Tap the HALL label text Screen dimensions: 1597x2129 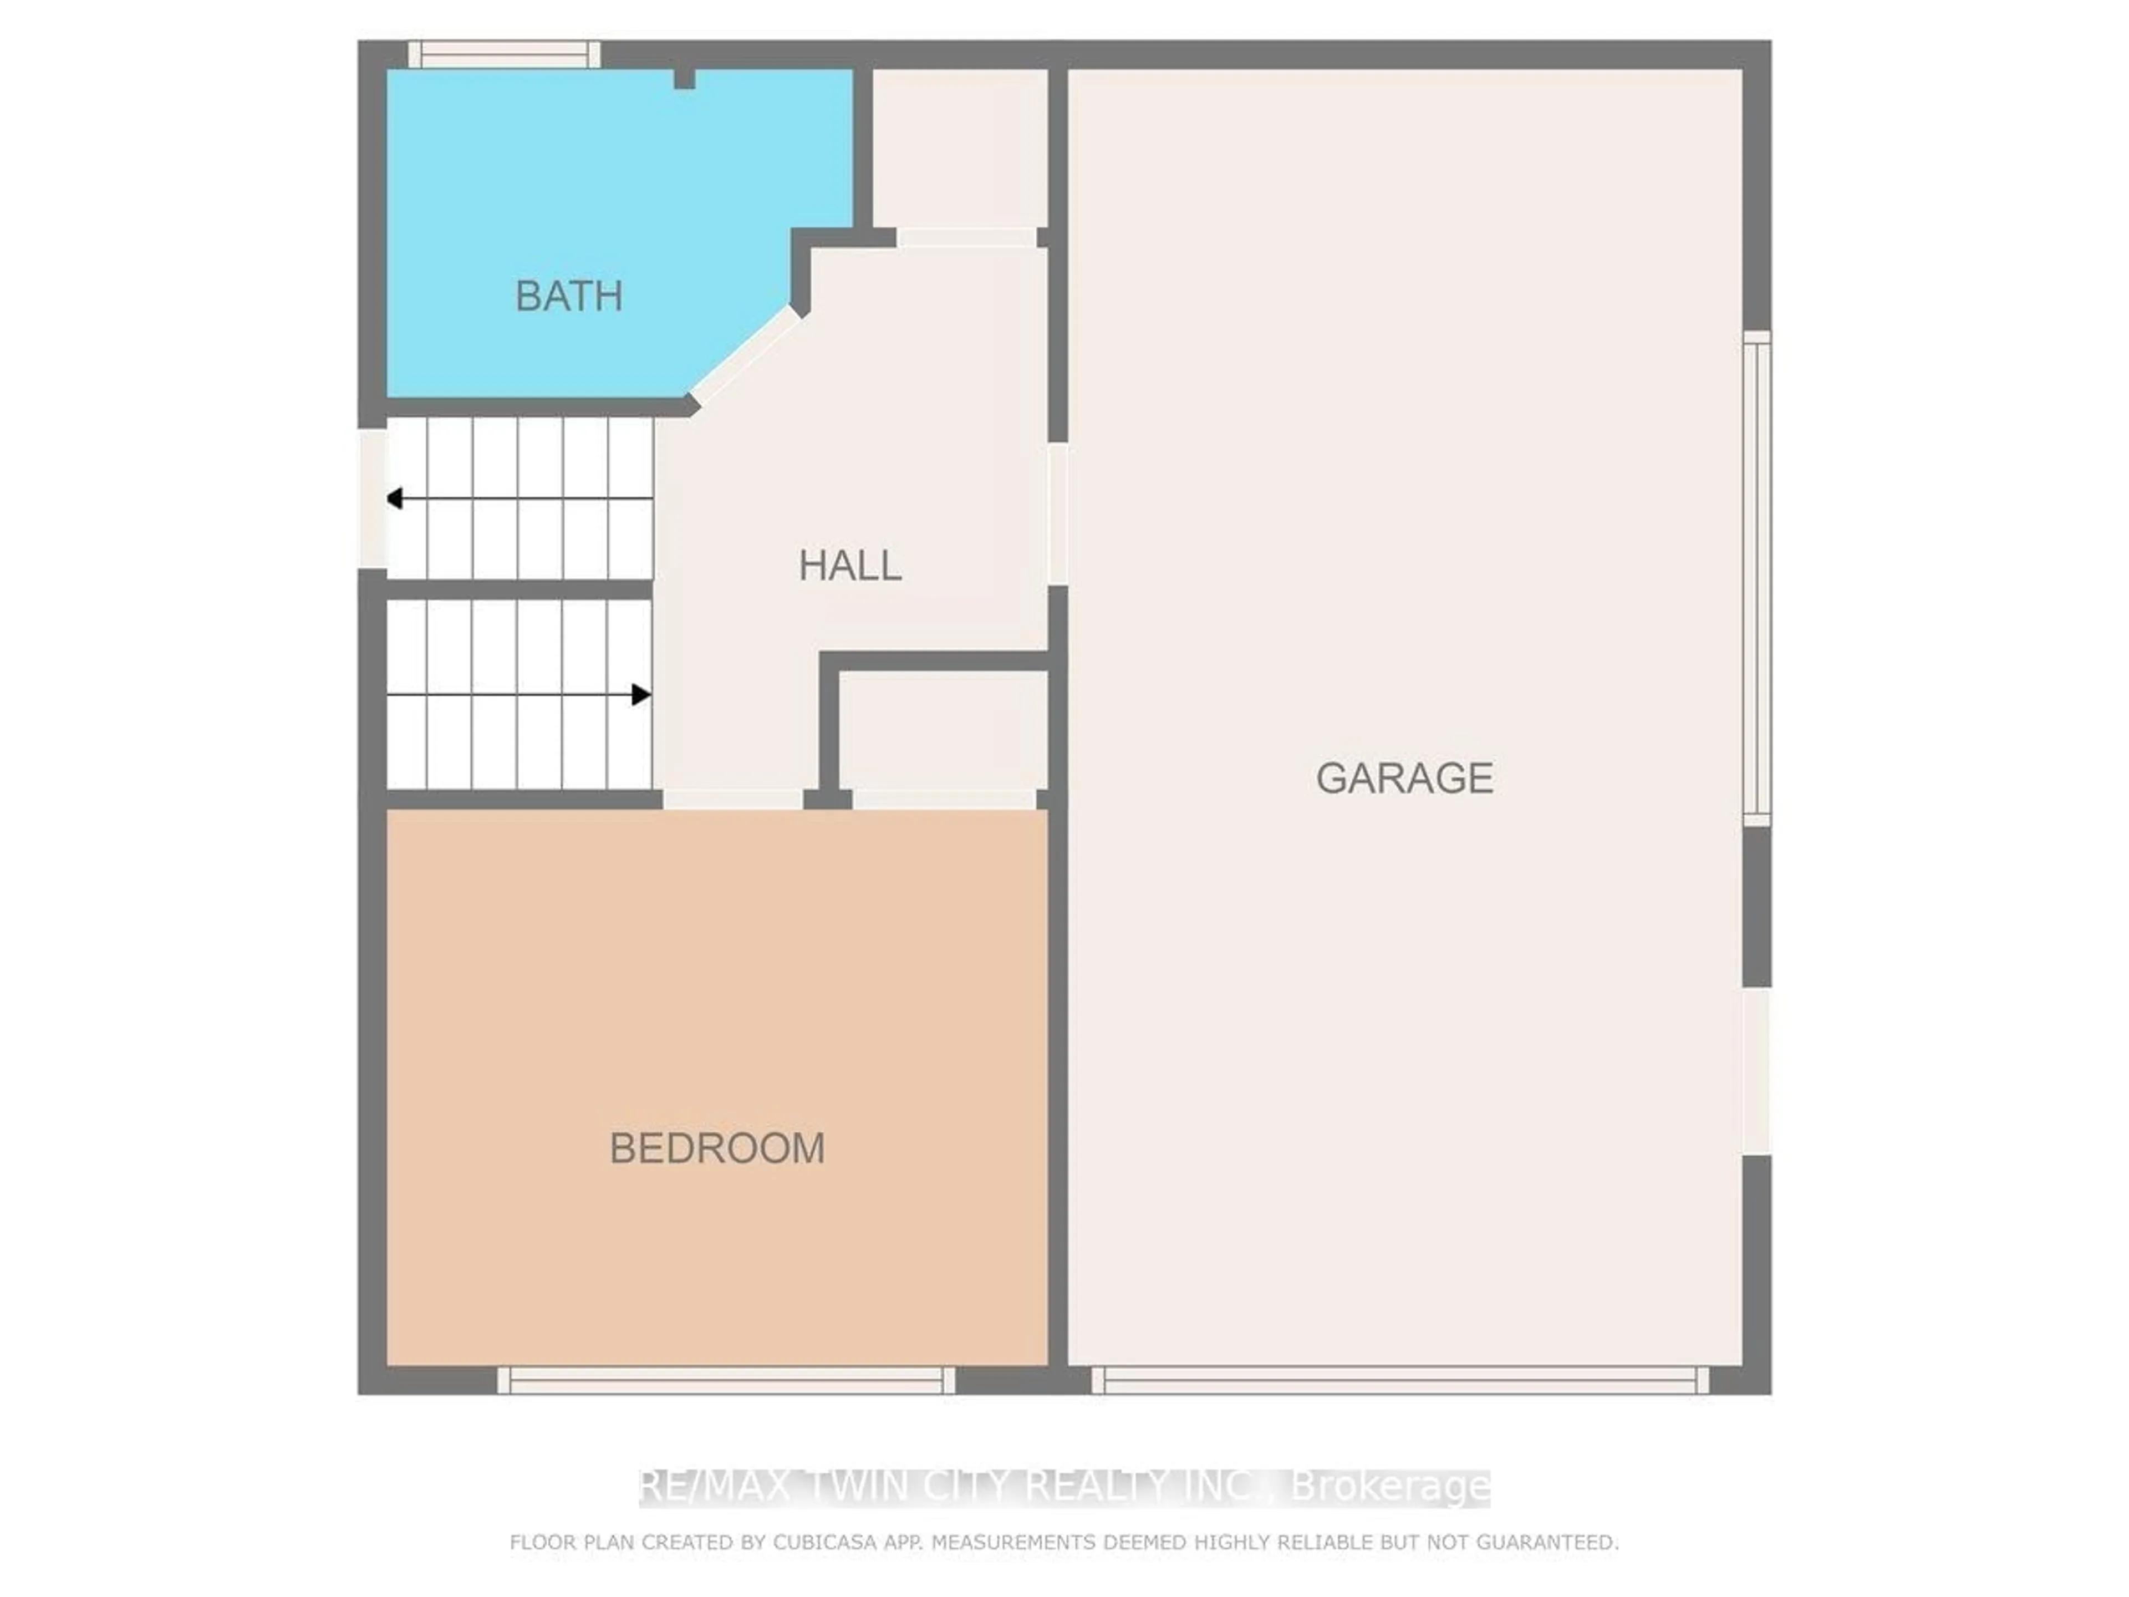[850, 565]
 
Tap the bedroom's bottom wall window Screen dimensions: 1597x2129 [726, 1380]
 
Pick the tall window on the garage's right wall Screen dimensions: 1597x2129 [1756, 578]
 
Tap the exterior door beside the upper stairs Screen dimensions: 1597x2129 [373, 498]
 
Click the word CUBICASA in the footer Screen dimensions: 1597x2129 [824, 1542]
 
